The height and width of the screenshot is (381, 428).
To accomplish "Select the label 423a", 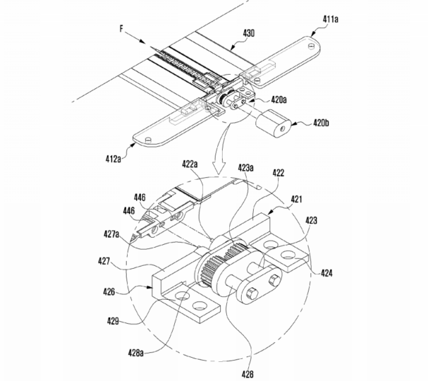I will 245,168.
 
